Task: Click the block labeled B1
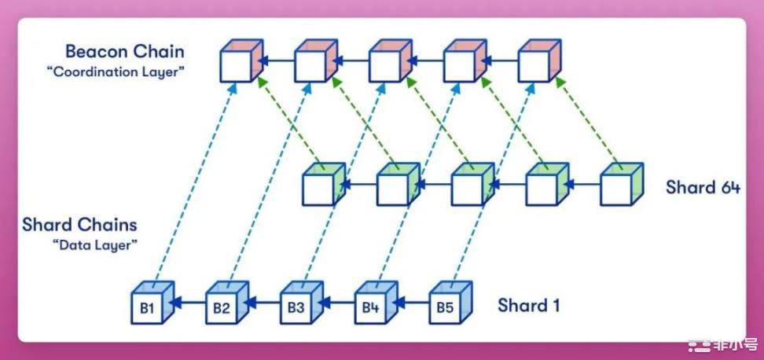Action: point(152,303)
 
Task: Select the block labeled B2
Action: point(227,303)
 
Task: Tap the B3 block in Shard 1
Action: point(301,303)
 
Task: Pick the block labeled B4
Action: point(376,303)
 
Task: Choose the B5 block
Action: point(450,303)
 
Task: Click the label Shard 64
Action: point(703,187)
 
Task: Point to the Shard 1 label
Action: point(529,306)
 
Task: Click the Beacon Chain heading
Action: point(125,51)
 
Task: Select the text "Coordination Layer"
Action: point(116,72)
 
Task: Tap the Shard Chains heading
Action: point(79,225)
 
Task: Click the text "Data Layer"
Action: point(94,245)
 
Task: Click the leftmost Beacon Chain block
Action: point(241,61)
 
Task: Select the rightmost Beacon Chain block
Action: point(539,61)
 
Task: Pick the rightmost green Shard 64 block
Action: point(623,184)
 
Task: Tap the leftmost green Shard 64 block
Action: point(324,184)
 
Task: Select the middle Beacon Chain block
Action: point(391,61)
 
